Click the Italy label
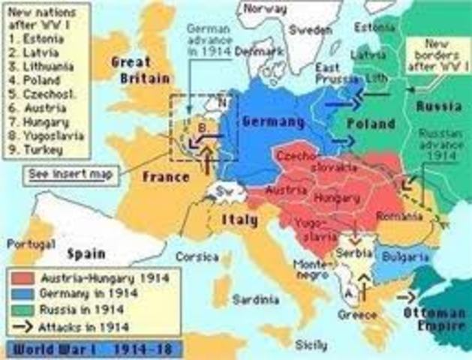coord(239,220)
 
